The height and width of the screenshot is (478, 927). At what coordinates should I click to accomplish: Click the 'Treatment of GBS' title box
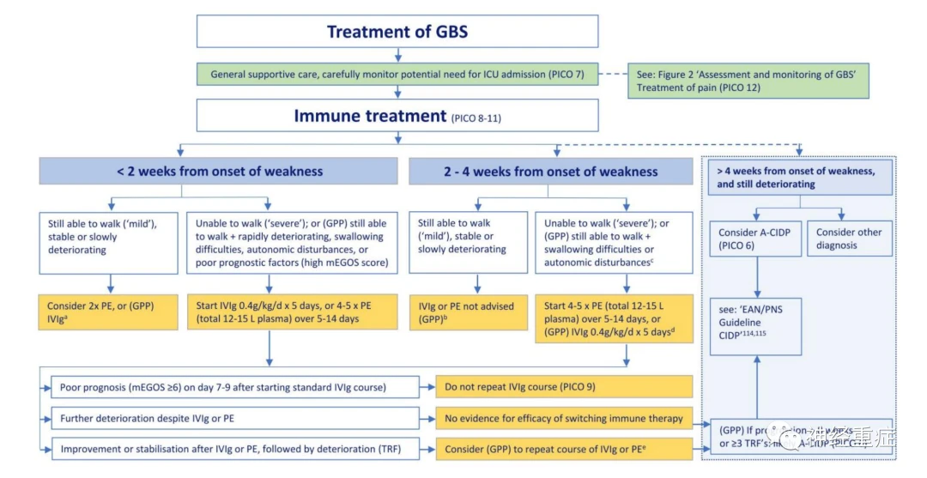(397, 32)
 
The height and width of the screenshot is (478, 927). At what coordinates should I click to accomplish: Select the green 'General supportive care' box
(397, 75)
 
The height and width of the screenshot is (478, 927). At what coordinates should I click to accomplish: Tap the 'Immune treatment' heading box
(397, 115)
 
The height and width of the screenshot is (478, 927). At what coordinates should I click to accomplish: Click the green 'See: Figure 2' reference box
(748, 81)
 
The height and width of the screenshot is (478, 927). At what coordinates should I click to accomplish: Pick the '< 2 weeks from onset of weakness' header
(220, 171)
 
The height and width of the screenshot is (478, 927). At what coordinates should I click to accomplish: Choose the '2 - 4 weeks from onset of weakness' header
(550, 171)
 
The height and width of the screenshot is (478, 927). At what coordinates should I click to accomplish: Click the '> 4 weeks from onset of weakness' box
(800, 177)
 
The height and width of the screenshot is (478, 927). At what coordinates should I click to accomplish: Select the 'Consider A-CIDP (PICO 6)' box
(755, 239)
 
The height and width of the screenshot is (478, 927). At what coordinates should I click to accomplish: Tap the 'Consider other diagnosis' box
(849, 239)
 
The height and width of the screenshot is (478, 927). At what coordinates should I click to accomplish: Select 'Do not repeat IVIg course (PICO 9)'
(563, 387)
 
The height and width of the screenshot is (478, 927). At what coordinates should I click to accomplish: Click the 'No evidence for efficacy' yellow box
(563, 418)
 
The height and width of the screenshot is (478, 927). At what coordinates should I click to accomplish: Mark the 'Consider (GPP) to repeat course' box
(563, 449)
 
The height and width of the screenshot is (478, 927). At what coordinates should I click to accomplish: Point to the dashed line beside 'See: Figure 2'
(612, 75)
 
